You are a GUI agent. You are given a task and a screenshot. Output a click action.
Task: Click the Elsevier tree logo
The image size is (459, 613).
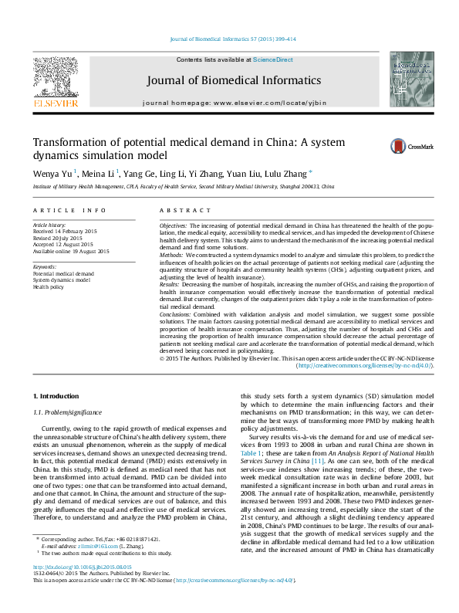(55, 80)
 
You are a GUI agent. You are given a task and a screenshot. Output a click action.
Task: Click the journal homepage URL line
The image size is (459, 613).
(235, 103)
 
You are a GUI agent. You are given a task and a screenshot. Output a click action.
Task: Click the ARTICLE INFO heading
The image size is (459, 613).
(69, 210)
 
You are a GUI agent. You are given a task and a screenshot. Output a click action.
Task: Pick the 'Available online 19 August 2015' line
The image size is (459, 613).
(71, 251)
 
